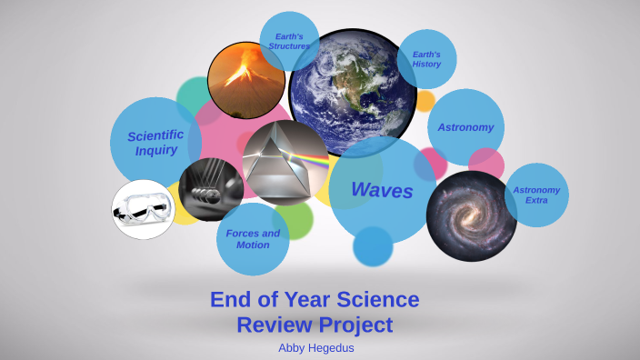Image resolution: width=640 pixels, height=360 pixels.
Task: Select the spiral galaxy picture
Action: click(x=471, y=215)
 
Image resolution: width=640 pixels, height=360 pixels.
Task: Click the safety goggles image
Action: click(x=143, y=209)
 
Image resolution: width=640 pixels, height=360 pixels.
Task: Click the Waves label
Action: click(x=382, y=191)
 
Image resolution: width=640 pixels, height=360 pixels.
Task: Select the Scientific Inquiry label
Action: click(x=155, y=143)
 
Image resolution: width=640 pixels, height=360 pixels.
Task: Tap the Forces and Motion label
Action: click(x=253, y=239)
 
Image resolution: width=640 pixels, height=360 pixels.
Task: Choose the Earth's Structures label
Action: click(x=289, y=41)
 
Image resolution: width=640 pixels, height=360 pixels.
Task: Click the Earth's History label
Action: click(x=426, y=59)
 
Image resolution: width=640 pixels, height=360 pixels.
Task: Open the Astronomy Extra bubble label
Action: click(x=536, y=195)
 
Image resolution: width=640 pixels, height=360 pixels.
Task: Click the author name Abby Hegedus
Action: click(x=315, y=346)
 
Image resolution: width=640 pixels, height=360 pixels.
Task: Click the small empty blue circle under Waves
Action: click(x=373, y=246)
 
